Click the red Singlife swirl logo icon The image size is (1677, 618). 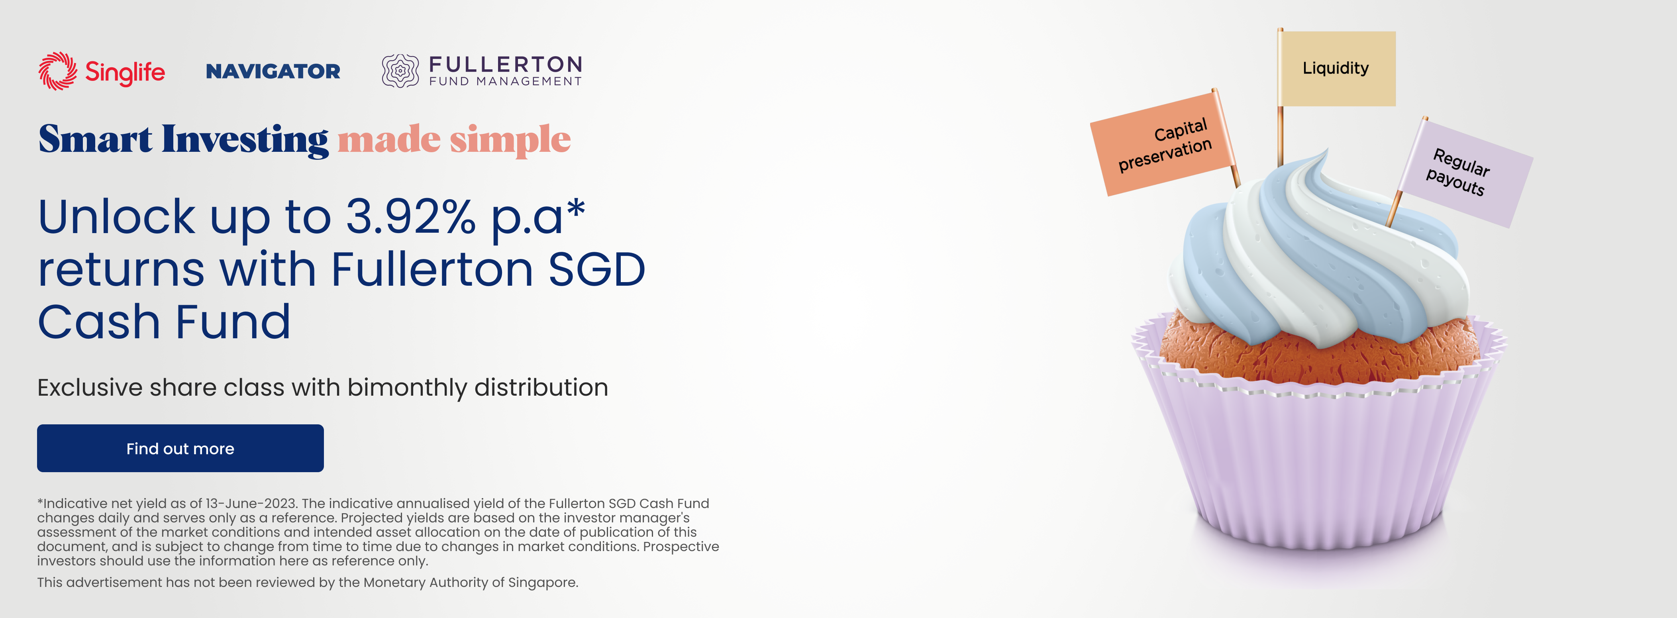58,71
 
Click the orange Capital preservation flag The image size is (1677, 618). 1163,144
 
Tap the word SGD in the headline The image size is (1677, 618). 596,270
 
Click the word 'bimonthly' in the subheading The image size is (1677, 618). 407,388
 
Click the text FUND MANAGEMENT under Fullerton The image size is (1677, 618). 505,81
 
